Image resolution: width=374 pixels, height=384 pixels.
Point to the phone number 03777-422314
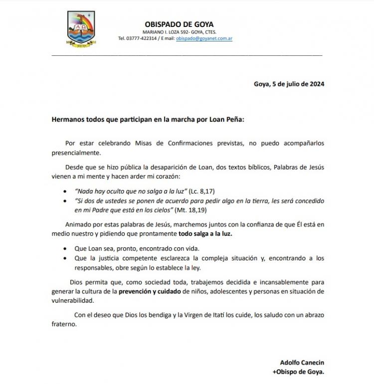143,38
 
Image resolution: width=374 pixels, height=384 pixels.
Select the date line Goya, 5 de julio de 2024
289,84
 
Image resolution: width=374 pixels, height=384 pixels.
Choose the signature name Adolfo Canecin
302,363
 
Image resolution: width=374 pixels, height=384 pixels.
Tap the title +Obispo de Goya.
298,372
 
